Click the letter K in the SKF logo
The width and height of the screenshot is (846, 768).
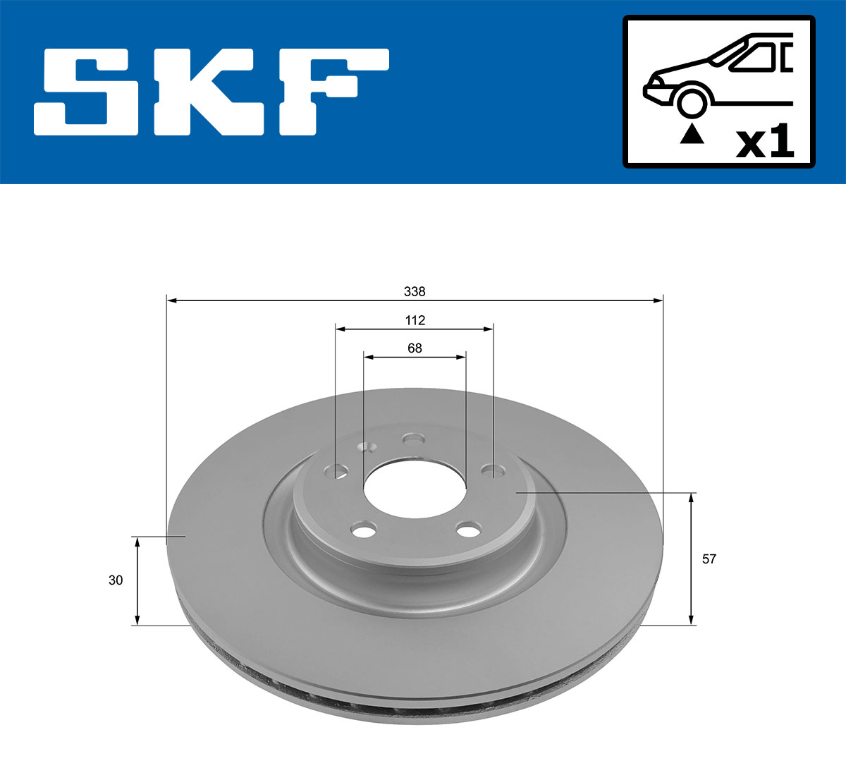pos(211,92)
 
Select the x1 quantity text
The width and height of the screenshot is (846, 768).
pos(764,143)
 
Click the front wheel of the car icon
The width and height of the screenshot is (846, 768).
pos(691,102)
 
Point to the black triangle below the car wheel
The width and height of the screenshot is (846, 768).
pos(692,134)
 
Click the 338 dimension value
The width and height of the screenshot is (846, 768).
pos(415,291)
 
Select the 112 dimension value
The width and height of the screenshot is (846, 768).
pos(415,320)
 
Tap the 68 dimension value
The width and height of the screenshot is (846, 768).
pos(415,348)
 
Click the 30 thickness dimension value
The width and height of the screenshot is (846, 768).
pos(116,580)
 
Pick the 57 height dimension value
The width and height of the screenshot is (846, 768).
pos(709,559)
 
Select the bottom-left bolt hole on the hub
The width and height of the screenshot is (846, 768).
pos(364,530)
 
